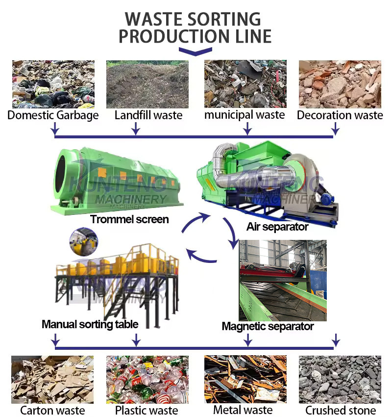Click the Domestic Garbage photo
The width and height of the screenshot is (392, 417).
(53, 84)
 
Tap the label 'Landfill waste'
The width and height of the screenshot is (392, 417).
(148, 115)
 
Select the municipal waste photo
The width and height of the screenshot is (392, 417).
(245, 84)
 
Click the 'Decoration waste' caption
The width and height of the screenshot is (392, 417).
(340, 115)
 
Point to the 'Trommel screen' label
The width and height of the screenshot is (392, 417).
(129, 219)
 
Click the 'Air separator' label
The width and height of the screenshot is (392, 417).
(277, 227)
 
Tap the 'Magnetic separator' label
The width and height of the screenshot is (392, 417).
(268, 326)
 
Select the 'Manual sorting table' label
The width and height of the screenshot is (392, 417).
(90, 324)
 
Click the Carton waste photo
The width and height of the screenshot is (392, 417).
(52, 379)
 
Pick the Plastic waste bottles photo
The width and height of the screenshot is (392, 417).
(147, 379)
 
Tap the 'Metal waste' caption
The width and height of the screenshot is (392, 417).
(243, 409)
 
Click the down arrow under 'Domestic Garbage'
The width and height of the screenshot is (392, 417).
(55, 129)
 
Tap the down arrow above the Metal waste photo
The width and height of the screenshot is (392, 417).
(248, 339)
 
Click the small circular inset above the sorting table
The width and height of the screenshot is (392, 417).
(84, 242)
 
